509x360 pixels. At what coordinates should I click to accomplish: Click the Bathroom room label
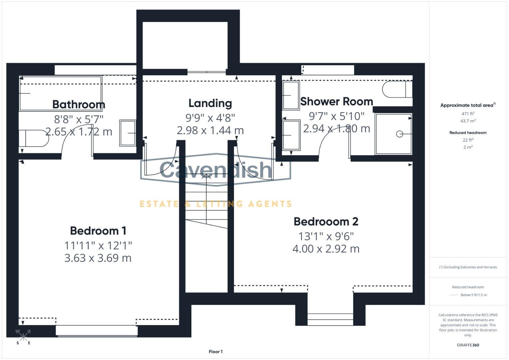(79, 104)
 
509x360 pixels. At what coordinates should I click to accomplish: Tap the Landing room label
(210, 103)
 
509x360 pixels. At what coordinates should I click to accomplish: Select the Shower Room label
(336, 102)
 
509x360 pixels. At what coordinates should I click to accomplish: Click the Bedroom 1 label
(98, 231)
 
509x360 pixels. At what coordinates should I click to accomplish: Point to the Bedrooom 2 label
(326, 221)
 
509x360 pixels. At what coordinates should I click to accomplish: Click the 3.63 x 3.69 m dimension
(98, 258)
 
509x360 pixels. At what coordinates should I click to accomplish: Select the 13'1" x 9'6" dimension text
(326, 236)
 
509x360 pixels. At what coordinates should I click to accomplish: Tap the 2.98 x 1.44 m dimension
(210, 130)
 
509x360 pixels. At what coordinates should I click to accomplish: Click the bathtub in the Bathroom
(60, 93)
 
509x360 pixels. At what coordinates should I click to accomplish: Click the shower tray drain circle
(399, 134)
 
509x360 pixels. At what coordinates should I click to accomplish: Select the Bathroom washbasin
(128, 133)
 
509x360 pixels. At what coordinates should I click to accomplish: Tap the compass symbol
(23, 337)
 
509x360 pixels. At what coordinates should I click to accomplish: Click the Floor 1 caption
(216, 352)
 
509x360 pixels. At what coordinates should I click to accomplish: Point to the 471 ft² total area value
(468, 114)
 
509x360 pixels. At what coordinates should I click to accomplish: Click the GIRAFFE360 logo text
(468, 345)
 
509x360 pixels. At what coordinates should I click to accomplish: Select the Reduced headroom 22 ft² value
(468, 140)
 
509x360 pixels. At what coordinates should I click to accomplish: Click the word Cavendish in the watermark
(216, 170)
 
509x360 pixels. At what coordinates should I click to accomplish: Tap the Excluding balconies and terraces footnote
(468, 267)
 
